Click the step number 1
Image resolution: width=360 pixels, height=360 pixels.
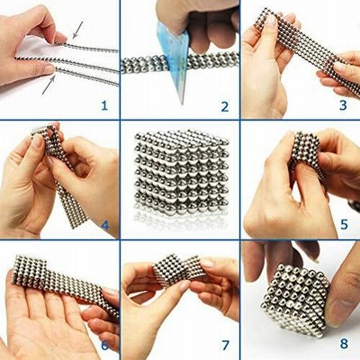point(104,105)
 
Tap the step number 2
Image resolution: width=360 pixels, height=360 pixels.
point(225,106)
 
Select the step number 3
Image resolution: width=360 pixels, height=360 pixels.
point(343,105)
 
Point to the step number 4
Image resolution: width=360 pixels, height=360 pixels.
point(105,225)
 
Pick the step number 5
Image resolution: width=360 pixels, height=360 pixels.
point(344,224)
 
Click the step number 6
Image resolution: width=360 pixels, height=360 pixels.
point(104,346)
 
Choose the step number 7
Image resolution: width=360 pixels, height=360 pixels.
point(225,346)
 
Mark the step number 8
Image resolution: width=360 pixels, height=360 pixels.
point(344,344)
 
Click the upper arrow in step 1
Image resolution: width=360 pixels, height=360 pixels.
point(77,30)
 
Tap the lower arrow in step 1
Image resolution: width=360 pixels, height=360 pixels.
point(49,85)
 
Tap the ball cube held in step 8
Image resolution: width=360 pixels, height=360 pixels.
point(295,300)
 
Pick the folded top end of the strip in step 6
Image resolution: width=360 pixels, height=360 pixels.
point(30,269)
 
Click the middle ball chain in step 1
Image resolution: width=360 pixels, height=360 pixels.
point(67,63)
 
